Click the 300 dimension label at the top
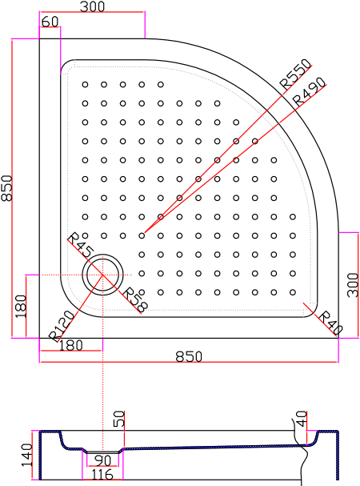click(x=92, y=6)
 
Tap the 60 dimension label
click(x=50, y=22)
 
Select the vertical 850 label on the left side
click(x=6, y=188)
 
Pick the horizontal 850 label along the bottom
click(x=189, y=356)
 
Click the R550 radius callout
click(x=295, y=74)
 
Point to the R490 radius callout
click(x=309, y=91)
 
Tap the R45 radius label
click(x=80, y=246)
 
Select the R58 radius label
click(x=135, y=300)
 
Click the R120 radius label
click(x=62, y=326)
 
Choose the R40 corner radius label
click(x=330, y=323)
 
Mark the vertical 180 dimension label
click(x=21, y=306)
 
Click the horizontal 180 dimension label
click(x=70, y=345)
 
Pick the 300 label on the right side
click(x=353, y=285)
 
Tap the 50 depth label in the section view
click(x=119, y=419)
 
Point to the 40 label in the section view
click(x=302, y=419)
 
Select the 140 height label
click(x=26, y=455)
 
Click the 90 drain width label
click(x=103, y=460)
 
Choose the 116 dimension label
click(x=102, y=475)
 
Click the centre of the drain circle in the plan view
click(x=102, y=275)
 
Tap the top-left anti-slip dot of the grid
click(x=85, y=84)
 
